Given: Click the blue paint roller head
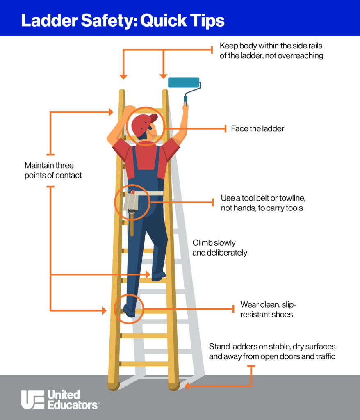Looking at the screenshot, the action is coord(184,82).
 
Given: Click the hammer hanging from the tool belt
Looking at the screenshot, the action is coord(132,222).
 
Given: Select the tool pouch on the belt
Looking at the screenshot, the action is coord(131,203).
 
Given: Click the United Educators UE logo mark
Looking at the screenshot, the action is coord(33,399).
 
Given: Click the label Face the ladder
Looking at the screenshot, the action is coord(257,128).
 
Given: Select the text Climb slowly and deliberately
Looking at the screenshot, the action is coord(220,248).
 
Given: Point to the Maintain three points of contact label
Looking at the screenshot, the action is coord(53,170).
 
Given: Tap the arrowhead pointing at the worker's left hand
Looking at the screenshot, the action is coord(110,112).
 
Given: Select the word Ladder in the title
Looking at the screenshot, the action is coord(50,21).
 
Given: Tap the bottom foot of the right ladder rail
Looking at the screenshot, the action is coord(173,386).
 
